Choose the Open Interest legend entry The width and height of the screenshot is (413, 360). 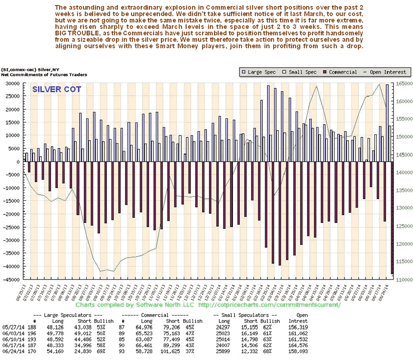[368, 72]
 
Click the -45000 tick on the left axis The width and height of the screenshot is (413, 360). [13, 280]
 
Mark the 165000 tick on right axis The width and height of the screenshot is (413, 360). [403, 83]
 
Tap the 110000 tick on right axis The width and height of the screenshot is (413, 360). [403, 280]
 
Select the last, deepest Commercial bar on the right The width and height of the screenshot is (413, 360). [392, 217]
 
